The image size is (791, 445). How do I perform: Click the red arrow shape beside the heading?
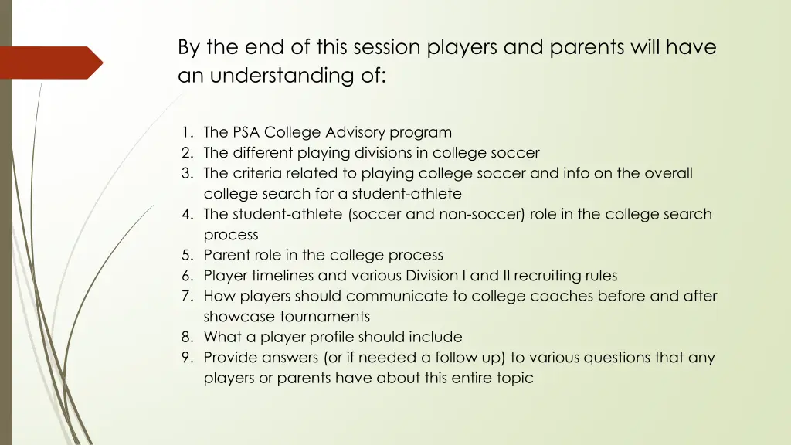pos(51,63)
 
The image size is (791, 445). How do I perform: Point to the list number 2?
pos(187,153)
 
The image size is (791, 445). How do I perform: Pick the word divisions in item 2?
pos(389,153)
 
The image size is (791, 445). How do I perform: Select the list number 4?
pos(187,214)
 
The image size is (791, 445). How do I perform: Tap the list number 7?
pos(187,296)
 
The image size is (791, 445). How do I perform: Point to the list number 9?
pos(187,358)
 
